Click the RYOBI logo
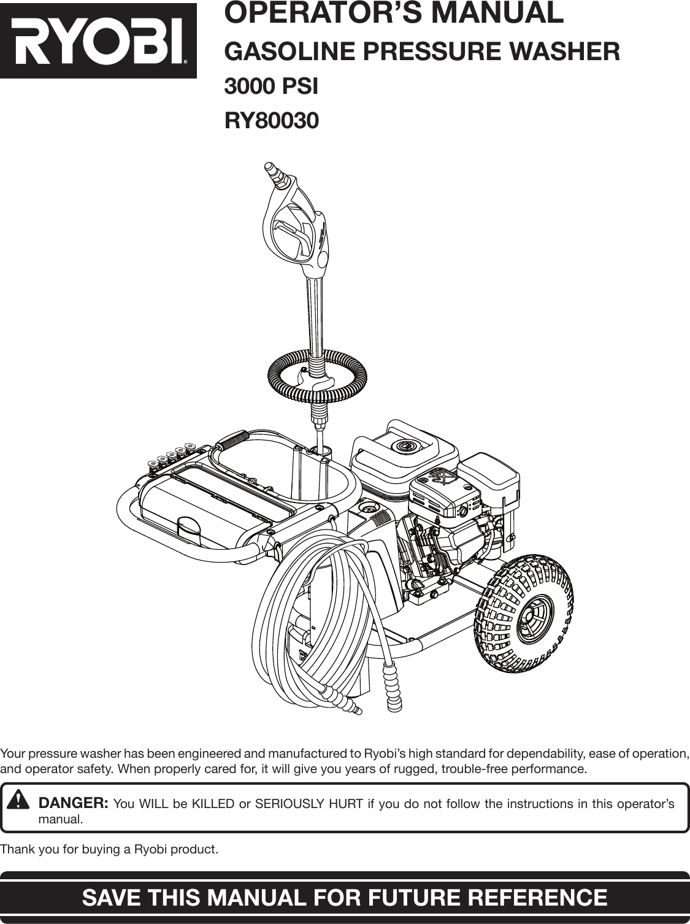click(x=98, y=40)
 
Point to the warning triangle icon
click(x=20, y=800)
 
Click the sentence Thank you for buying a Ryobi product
click(x=109, y=850)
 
